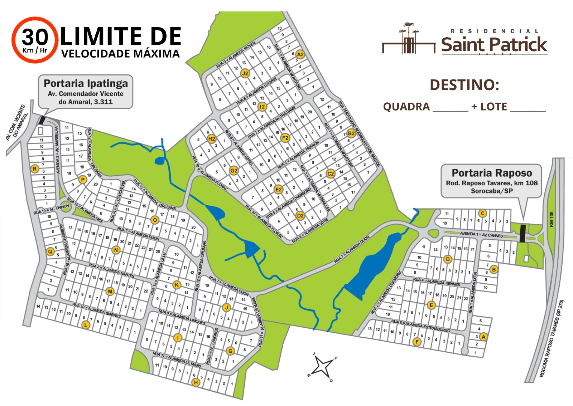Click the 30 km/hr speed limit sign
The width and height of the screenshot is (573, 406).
coord(35,40)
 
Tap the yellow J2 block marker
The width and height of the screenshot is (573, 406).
coord(245,73)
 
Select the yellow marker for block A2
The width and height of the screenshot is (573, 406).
coord(300,54)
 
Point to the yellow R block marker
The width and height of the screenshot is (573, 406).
coord(35,169)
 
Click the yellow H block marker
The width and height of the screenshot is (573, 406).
coord(196,382)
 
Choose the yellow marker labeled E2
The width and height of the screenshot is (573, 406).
coord(278,189)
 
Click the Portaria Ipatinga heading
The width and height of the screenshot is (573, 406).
coord(86,83)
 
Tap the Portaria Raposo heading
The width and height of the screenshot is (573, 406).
coord(492,173)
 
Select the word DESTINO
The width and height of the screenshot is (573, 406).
coord(464,85)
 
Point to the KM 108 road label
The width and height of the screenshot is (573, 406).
coord(552,219)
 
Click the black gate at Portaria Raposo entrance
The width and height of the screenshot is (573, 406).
coord(523,233)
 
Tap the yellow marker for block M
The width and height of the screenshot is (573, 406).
coord(110,292)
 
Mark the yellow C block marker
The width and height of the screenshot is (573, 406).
coord(482,214)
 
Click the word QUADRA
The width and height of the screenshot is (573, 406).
coord(406,107)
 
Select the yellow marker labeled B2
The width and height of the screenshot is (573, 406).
coord(351,133)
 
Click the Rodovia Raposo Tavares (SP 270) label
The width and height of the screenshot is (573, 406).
coord(552,338)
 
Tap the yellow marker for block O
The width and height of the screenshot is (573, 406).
coord(155,220)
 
